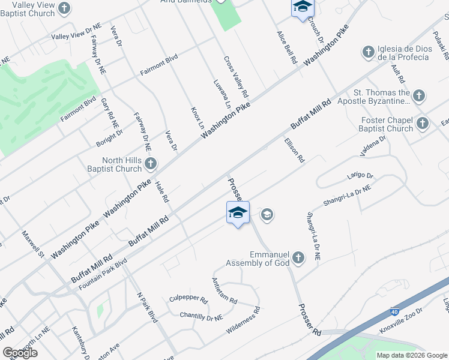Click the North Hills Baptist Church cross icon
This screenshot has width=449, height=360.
click(x=151, y=163)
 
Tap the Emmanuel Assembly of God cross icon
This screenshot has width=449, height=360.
click(x=298, y=259)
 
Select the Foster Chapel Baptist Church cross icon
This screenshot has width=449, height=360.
click(x=423, y=124)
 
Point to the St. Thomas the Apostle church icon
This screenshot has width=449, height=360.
click(x=419, y=95)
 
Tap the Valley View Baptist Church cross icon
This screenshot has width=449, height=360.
click(x=65, y=8)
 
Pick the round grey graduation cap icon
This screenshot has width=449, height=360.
click(x=267, y=214)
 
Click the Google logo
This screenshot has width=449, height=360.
click(x=20, y=353)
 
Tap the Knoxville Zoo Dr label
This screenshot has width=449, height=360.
click(x=401, y=321)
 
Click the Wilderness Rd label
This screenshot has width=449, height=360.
click(x=243, y=321)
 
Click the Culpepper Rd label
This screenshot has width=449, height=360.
click(x=188, y=298)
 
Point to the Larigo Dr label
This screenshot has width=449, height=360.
click(x=360, y=176)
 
